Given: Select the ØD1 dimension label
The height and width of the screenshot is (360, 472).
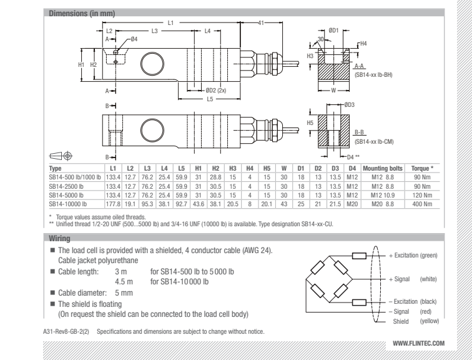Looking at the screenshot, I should [333, 30].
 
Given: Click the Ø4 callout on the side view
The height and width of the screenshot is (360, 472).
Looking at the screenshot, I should [134, 39].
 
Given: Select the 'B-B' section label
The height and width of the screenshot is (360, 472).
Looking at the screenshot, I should [360, 132].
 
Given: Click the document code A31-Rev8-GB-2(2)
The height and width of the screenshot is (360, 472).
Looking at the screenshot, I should [70, 326].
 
